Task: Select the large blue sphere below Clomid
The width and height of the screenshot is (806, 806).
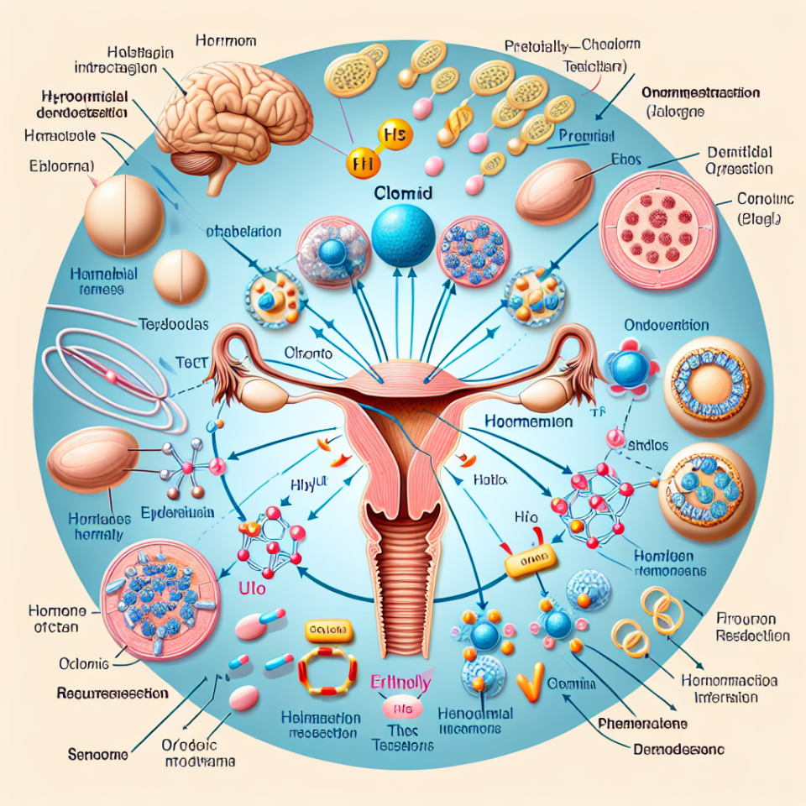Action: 403,236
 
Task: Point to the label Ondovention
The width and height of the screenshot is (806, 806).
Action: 667,325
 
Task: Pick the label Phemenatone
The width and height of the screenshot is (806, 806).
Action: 646,723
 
